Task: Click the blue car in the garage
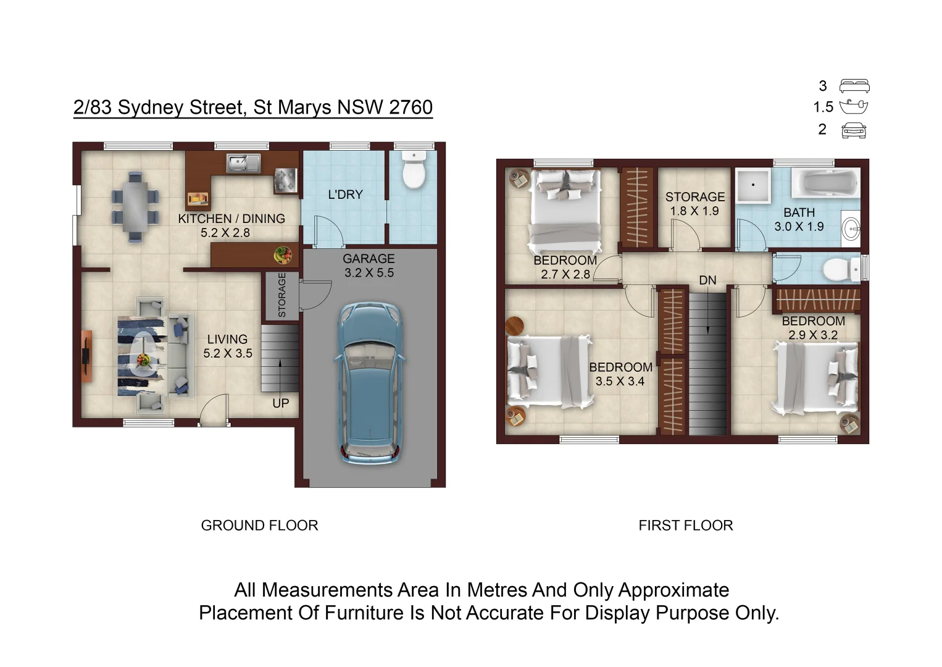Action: (x=369, y=383)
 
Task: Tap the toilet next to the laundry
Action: (x=414, y=170)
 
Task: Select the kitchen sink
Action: (x=243, y=163)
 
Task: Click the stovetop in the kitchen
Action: (x=285, y=180)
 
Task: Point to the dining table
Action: (x=135, y=206)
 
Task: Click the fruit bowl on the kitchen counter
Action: (x=283, y=254)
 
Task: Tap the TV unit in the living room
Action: (x=86, y=356)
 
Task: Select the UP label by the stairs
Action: (x=280, y=403)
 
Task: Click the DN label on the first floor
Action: (x=707, y=280)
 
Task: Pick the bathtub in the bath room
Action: (x=825, y=183)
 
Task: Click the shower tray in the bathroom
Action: (x=752, y=185)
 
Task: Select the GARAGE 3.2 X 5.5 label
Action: (x=369, y=266)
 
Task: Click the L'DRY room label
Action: (x=345, y=195)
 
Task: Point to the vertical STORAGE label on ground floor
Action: (x=282, y=295)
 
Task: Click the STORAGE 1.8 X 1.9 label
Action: (x=694, y=204)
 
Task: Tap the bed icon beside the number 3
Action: (x=854, y=86)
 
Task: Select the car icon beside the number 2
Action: (x=854, y=130)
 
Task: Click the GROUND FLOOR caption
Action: (x=259, y=526)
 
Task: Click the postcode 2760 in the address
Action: (x=411, y=107)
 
